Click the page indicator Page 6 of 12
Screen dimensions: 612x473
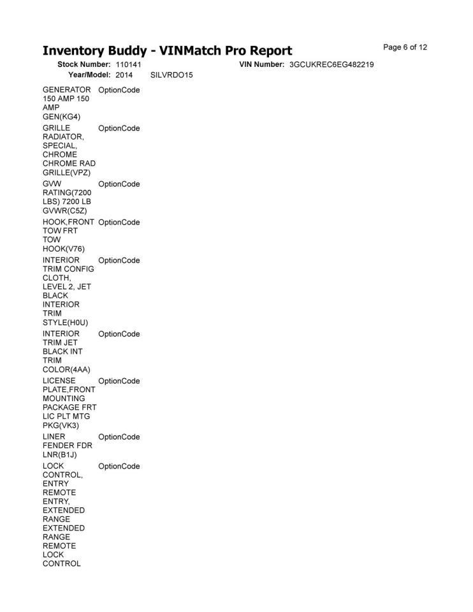405,47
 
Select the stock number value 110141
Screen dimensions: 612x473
128,65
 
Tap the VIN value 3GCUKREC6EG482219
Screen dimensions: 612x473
331,65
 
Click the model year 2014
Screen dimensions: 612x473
124,75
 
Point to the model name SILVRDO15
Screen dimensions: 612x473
171,75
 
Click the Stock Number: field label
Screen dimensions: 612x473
84,65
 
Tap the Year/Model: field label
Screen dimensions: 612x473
89,75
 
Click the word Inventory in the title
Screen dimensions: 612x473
76,51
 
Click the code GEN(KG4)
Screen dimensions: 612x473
61,117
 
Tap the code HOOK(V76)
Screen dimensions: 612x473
64,249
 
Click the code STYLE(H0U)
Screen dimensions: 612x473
65,322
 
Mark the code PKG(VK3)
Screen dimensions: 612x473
61,425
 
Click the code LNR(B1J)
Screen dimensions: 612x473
60,455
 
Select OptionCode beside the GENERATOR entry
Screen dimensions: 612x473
119,90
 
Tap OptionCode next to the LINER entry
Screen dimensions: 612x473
119,437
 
